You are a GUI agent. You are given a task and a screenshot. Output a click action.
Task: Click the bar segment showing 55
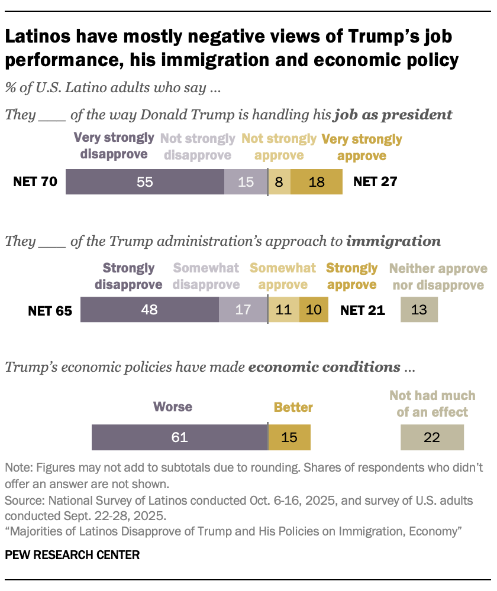click(x=145, y=182)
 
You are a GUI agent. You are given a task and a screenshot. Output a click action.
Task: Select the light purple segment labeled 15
click(x=246, y=182)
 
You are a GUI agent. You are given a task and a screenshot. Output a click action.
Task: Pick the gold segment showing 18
click(x=317, y=182)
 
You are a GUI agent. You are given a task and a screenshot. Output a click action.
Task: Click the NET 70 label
click(x=35, y=182)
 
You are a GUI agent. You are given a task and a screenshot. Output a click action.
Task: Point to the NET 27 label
click(x=375, y=182)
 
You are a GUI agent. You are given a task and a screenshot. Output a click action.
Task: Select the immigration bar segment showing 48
click(x=150, y=310)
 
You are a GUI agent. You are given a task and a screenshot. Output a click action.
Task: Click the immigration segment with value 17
click(x=243, y=310)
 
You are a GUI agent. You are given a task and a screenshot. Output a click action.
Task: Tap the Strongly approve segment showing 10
click(x=314, y=310)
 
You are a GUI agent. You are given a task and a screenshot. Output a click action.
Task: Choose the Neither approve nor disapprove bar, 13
click(x=419, y=310)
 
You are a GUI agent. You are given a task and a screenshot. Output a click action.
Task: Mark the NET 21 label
click(x=363, y=310)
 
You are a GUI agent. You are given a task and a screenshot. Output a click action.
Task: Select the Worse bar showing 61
click(x=179, y=437)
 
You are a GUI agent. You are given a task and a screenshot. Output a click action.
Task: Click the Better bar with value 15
click(x=289, y=437)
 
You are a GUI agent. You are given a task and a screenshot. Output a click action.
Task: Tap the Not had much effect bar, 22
click(x=432, y=437)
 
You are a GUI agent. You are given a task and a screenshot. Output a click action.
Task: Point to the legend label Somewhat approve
click(x=283, y=276)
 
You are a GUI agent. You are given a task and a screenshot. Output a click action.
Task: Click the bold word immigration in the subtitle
click(x=393, y=241)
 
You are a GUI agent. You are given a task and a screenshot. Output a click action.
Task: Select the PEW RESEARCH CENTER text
click(x=72, y=555)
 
